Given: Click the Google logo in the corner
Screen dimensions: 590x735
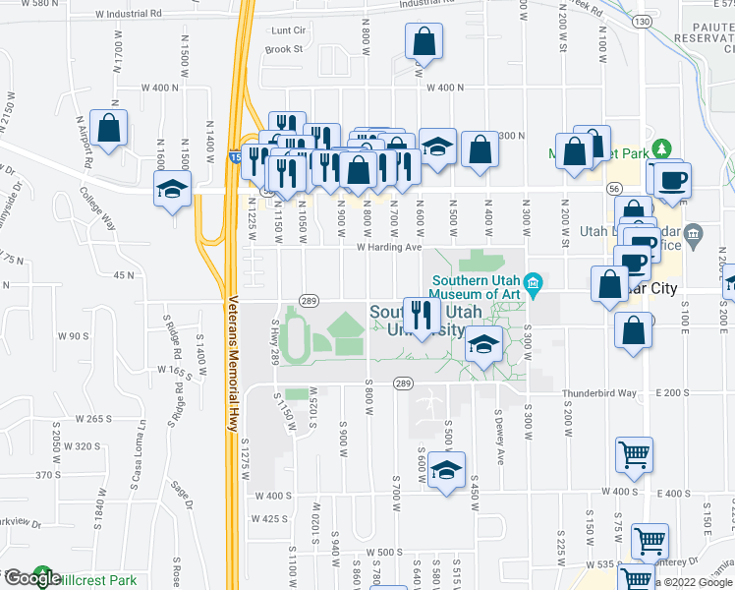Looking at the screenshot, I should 31,578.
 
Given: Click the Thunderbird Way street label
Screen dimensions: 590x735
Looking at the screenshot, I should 599,393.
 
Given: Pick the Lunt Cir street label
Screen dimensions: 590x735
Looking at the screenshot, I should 291,30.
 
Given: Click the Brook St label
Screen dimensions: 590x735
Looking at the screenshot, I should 283,48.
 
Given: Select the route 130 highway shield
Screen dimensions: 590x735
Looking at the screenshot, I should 642,21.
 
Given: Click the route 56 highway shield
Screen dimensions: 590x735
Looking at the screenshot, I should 614,187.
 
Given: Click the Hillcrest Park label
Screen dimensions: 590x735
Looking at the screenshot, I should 95,580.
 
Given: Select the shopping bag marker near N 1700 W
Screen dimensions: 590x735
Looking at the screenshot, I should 109,128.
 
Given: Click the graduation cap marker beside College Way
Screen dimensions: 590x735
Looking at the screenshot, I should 172,191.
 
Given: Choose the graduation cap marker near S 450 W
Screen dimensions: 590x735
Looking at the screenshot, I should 446,471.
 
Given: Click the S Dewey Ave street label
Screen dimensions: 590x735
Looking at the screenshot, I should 499,439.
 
